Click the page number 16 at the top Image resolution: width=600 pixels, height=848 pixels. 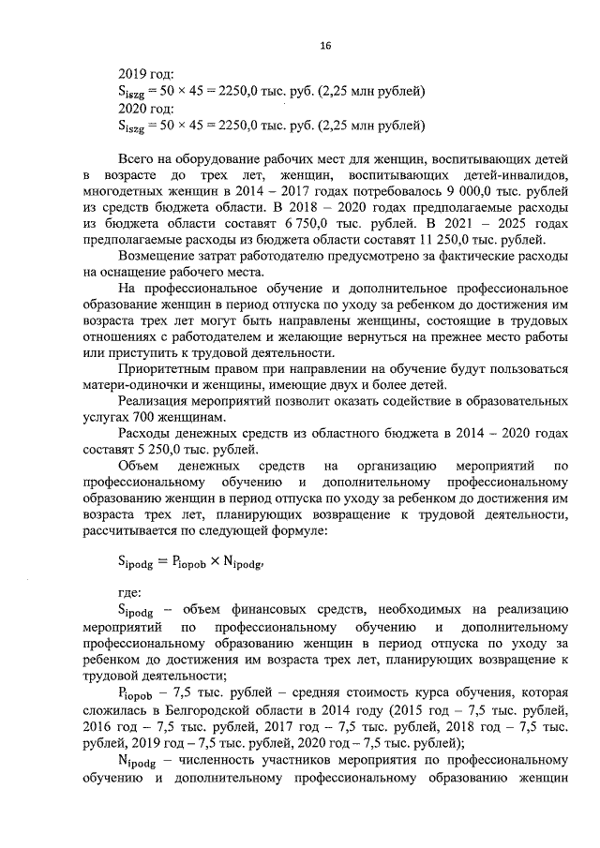click(x=325, y=45)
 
